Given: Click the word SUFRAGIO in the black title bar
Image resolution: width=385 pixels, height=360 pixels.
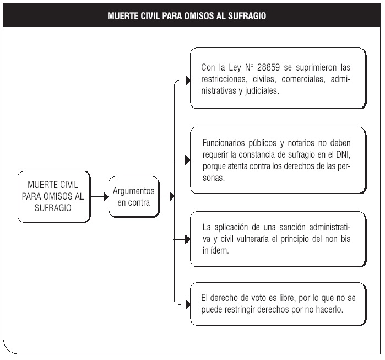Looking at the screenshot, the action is (x=247, y=16).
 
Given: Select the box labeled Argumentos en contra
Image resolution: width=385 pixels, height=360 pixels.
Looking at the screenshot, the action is (x=134, y=197).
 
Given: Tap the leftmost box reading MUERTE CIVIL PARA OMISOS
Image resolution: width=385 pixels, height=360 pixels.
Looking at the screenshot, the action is (x=54, y=197).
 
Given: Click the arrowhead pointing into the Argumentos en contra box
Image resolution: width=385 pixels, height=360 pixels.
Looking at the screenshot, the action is (x=106, y=197).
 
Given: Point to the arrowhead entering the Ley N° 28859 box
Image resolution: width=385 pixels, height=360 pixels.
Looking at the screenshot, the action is (x=188, y=80).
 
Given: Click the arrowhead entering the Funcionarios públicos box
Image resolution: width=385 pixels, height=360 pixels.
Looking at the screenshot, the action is (x=188, y=160).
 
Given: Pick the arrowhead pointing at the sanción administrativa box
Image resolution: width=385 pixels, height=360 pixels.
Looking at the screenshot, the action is (x=188, y=239).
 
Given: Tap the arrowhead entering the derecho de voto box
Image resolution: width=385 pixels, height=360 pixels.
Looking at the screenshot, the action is (x=188, y=304).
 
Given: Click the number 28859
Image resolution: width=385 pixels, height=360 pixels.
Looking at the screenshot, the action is (x=268, y=67).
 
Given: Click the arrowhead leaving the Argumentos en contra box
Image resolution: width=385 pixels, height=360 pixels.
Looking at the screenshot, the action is (x=172, y=196).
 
